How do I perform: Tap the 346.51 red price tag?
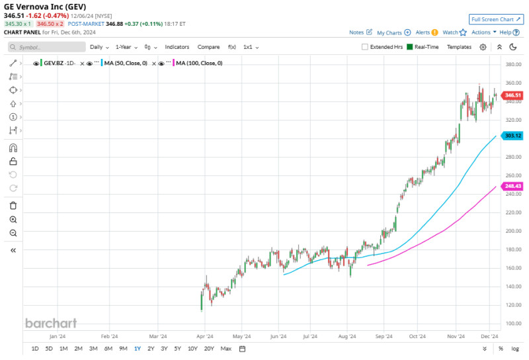512,95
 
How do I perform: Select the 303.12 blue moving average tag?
512,136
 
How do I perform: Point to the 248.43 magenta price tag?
512,186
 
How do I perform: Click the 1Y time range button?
137,349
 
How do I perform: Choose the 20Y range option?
209,349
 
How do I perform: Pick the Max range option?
226,349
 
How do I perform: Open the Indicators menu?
177,47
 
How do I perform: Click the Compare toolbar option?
208,47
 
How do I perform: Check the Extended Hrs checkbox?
365,47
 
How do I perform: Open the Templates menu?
459,47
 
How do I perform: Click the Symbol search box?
46,47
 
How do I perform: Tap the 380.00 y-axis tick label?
513,64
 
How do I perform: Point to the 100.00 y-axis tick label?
513,324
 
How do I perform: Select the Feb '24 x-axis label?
109,336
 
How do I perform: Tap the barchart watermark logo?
51,323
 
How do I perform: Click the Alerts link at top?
423,32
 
